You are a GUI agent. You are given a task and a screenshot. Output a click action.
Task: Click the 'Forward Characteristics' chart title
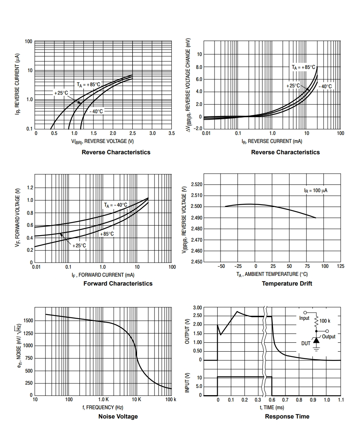tap(118, 284)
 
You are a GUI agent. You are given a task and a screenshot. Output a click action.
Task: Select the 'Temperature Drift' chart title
tap(287, 284)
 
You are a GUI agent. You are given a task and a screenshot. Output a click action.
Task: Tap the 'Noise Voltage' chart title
tap(118, 416)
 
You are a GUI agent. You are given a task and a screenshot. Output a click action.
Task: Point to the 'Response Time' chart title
tap(287, 416)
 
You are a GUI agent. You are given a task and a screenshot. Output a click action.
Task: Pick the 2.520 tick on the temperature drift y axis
tap(196, 184)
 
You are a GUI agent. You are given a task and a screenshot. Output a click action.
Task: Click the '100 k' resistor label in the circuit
tap(325, 321)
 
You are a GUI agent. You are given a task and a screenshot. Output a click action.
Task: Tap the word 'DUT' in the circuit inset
tap(306, 344)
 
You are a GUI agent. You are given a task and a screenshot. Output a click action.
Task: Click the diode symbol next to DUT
tap(316, 341)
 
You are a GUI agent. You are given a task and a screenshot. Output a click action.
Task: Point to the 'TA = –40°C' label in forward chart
tap(116, 205)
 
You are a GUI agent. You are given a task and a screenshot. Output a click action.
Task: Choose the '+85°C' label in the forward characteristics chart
tap(107, 234)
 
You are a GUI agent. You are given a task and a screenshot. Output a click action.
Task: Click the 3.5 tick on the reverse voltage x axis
tap(171, 133)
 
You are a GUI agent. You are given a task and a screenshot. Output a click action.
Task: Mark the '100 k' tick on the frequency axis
tap(171, 400)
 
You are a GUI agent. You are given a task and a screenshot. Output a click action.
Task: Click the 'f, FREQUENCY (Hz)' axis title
tap(103, 408)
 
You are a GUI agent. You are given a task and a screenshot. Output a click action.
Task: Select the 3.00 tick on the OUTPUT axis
tap(197, 308)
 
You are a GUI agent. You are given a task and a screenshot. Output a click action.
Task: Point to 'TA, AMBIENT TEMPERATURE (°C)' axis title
tap(272, 274)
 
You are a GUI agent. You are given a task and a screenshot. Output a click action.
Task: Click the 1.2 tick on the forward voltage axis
tap(30, 188)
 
